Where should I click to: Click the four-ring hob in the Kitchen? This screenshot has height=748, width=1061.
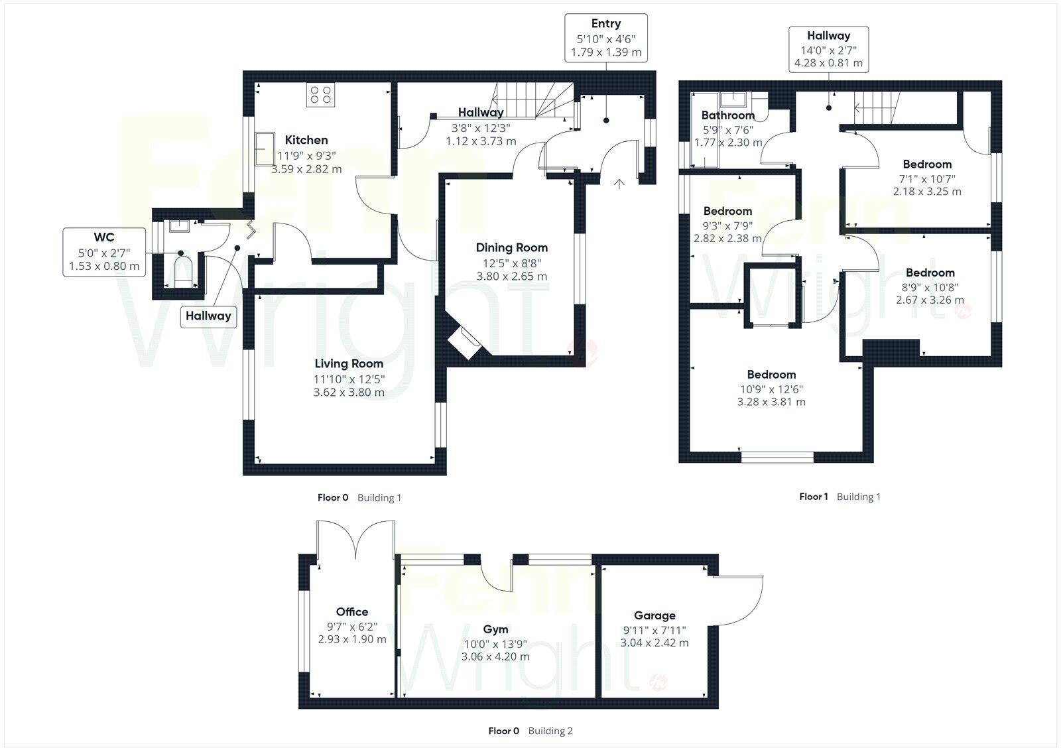point(321,95)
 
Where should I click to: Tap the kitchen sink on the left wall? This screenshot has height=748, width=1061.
point(265,147)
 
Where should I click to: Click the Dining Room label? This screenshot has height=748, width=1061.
point(511,247)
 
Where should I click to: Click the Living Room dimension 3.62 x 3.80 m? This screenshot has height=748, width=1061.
point(349,392)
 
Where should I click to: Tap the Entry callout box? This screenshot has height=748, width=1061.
point(605,38)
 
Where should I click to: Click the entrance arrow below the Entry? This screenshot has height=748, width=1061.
point(619,184)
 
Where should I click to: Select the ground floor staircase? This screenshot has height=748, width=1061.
point(534,100)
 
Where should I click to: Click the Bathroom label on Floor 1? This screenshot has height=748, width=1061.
point(727,115)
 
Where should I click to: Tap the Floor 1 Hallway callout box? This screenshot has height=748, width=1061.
point(828,50)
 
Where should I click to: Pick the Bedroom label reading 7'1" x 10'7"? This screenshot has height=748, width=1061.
point(926,164)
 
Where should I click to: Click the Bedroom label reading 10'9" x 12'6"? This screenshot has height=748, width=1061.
point(771,374)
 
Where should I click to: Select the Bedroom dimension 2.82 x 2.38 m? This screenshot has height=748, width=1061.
point(727,238)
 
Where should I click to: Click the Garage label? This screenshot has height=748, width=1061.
point(655,615)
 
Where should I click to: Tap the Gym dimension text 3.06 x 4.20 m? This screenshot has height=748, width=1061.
point(495,656)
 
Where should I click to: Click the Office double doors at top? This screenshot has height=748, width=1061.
point(356,540)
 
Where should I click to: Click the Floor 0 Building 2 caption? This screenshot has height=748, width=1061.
point(530,731)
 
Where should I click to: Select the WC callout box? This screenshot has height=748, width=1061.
point(104,252)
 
